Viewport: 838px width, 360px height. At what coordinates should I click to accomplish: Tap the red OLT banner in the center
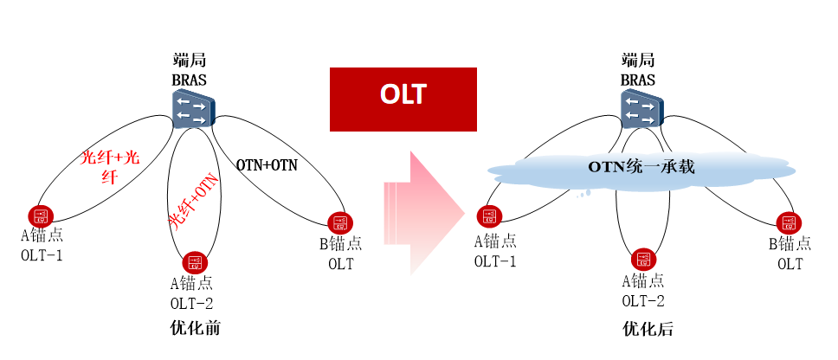click(x=403, y=94)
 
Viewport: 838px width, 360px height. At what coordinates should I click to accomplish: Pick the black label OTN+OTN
click(x=267, y=164)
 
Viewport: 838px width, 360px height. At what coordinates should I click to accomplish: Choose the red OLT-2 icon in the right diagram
click(x=641, y=259)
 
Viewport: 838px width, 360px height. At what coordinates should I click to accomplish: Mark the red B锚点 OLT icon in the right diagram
click(x=788, y=222)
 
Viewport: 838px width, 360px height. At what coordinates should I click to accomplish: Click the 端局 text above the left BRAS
click(x=189, y=61)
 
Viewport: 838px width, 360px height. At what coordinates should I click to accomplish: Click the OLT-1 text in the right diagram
click(x=495, y=260)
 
